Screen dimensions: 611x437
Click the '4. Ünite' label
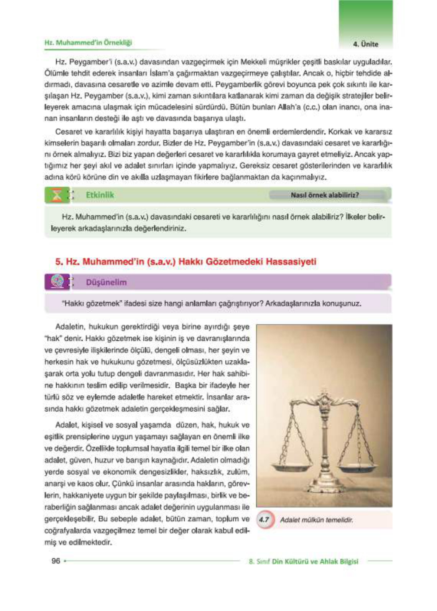coord(365,44)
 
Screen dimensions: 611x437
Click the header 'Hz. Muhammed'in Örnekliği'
coord(88,43)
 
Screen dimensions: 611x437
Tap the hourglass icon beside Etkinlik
coord(57,195)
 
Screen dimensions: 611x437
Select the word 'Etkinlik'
coord(100,195)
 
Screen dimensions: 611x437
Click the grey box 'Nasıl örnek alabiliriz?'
coord(325,195)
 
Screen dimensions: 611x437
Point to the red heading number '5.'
coord(59,262)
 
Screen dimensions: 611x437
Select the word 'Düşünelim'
coord(106,282)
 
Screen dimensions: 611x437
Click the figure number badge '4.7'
coord(264,520)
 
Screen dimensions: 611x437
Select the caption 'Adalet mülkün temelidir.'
coord(316,520)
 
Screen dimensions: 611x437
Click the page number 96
coord(56,561)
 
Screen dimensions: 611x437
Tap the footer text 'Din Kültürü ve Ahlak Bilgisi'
coord(315,562)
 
